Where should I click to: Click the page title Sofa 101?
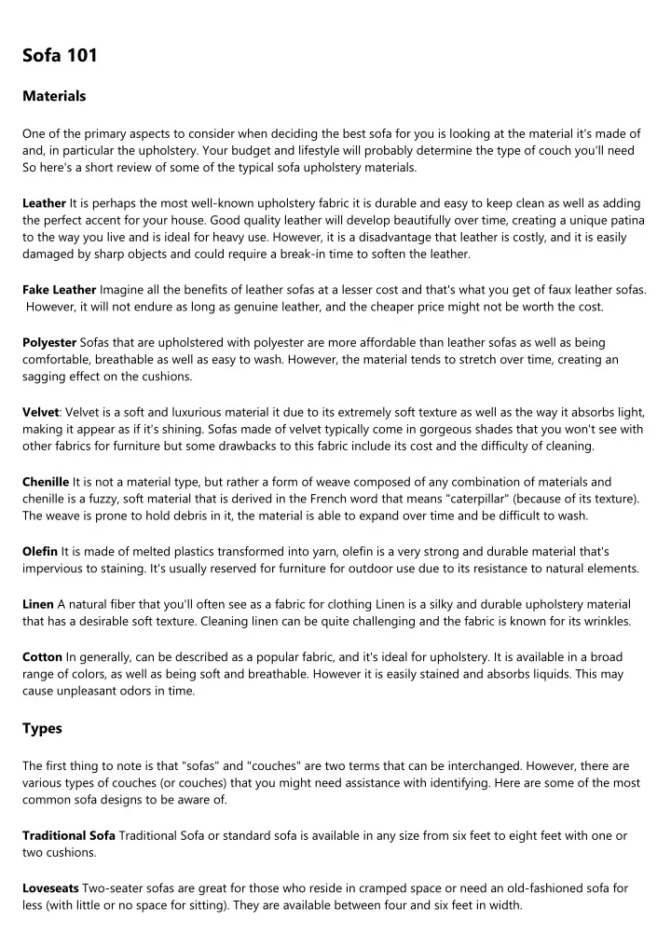click(x=60, y=56)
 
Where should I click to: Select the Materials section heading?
click(x=54, y=96)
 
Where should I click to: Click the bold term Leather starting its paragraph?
click(x=44, y=202)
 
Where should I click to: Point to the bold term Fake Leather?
click(x=59, y=290)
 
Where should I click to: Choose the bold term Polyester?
click(x=49, y=342)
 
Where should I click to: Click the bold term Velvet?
click(x=41, y=412)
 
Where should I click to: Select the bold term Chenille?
click(x=46, y=482)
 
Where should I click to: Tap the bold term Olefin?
click(x=40, y=552)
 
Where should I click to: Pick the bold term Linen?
click(x=38, y=605)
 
